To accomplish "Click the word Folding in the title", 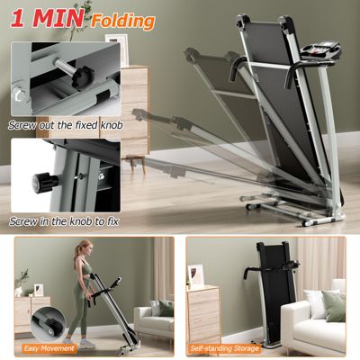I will pyautogui.click(x=125, y=19).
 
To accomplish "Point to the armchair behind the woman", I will pyautogui.click(x=152, y=315).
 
